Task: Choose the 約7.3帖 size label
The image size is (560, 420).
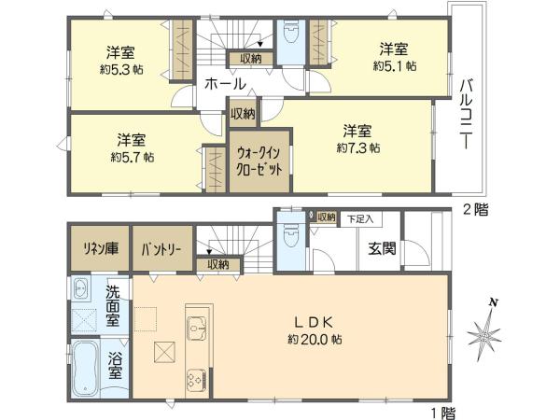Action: click(x=358, y=147)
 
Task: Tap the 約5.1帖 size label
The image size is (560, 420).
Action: click(x=394, y=66)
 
